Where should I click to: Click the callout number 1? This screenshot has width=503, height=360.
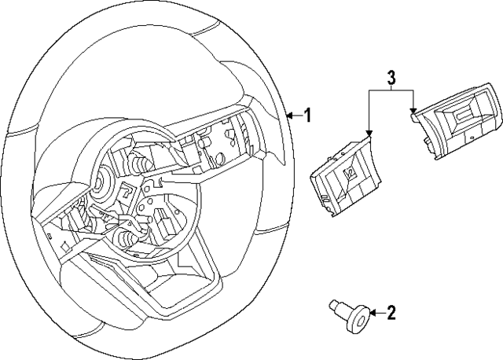pyautogui.click(x=307, y=116)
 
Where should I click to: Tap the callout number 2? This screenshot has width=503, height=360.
pyautogui.click(x=391, y=314)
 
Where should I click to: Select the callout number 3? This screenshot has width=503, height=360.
pyautogui.click(x=391, y=78)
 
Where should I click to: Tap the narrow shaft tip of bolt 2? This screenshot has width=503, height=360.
pyautogui.click(x=333, y=304)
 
